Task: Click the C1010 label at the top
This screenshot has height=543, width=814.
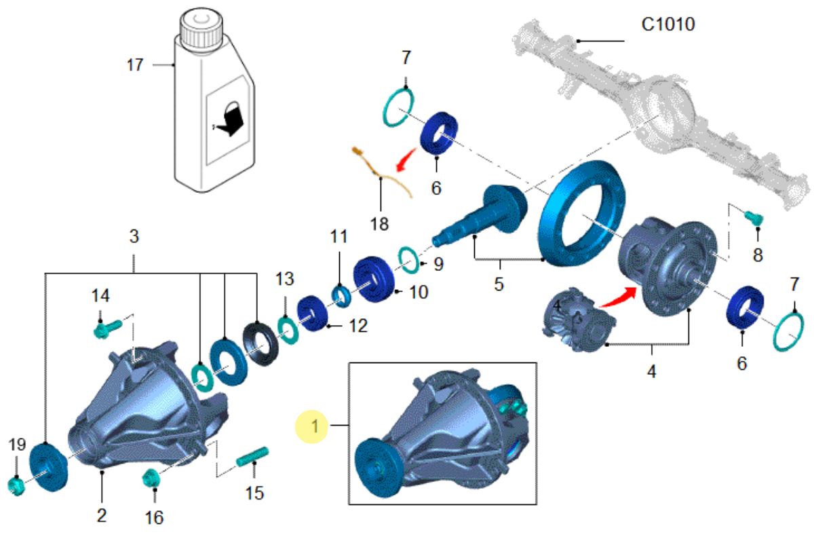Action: click(x=668, y=25)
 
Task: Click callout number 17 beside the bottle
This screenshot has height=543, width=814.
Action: click(x=135, y=65)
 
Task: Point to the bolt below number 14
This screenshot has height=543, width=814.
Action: click(x=106, y=329)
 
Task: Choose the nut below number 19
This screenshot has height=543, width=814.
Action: click(x=16, y=485)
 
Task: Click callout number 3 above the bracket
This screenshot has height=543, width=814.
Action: click(x=134, y=238)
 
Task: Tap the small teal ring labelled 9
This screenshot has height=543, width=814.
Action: click(x=407, y=258)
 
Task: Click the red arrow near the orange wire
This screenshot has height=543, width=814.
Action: click(x=407, y=162)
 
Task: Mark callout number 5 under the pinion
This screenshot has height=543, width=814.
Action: click(x=499, y=284)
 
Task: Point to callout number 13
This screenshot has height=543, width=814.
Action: click(x=285, y=279)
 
